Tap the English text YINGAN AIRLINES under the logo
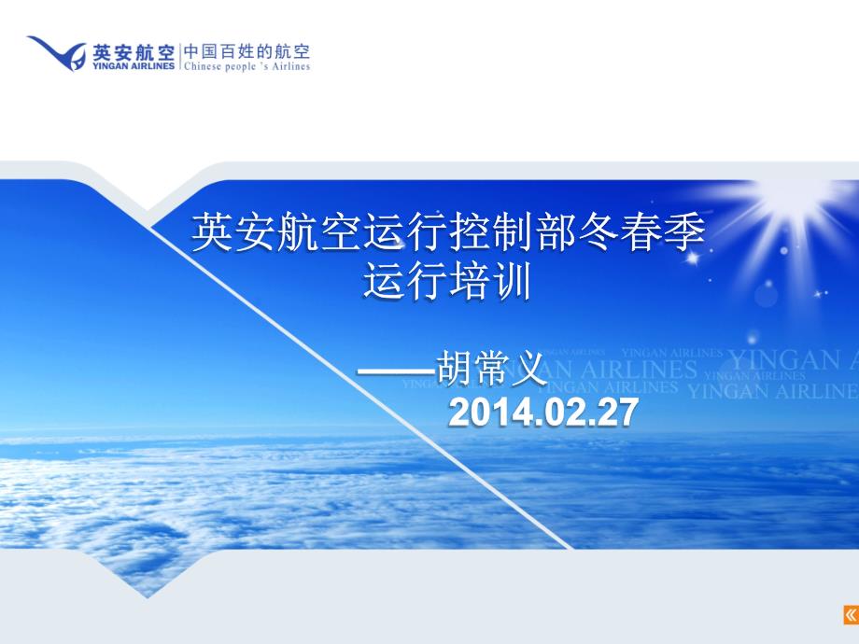tap(134, 65)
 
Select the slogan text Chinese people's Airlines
tap(247, 66)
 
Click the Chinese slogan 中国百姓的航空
tap(247, 51)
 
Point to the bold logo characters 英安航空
tap(134, 52)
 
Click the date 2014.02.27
tap(543, 412)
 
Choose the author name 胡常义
tap(489, 369)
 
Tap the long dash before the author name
tap(397, 371)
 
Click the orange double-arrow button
tap(851, 614)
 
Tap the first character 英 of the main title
tap(212, 232)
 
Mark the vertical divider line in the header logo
tap(179, 58)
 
